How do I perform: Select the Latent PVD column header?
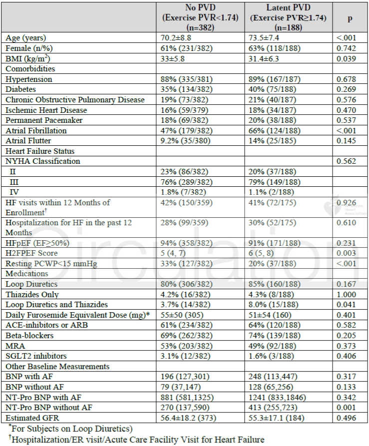(x=289, y=17)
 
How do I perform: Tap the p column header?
(x=350, y=17)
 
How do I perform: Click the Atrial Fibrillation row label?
(x=36, y=130)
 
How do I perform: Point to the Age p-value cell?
(x=345, y=38)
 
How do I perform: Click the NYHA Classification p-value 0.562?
(x=345, y=161)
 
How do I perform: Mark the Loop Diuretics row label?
(x=29, y=284)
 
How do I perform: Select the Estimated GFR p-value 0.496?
(x=345, y=418)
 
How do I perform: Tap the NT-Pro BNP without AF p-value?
(x=345, y=408)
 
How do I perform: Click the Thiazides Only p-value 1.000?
(x=345, y=294)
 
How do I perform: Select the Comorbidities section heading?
(x=30, y=68)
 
